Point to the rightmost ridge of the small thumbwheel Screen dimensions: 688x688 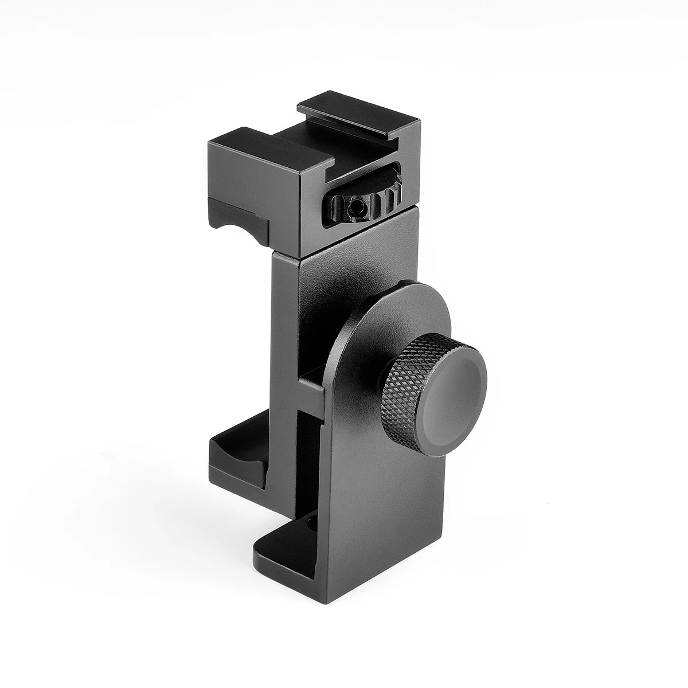click(x=395, y=198)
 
